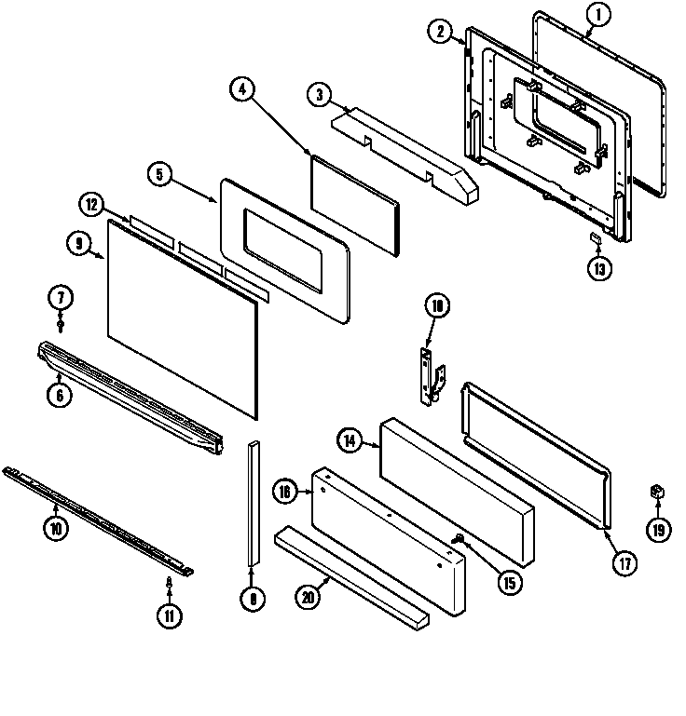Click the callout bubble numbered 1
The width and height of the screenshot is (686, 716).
pos(599,15)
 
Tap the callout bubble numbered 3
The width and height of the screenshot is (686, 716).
pos(320,94)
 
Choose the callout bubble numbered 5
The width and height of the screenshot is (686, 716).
pos(159,174)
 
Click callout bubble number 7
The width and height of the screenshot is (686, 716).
pos(61,298)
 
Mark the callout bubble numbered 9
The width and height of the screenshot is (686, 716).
pos(78,244)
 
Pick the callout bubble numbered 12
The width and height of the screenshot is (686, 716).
pos(90,205)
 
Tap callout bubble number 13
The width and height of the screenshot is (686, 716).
pos(599,270)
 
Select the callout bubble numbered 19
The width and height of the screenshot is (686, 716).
pos(658,530)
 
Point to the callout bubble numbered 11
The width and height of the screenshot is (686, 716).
pos(169,615)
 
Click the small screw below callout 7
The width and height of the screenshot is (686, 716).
pos(61,323)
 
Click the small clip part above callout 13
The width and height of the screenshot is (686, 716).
pos(592,240)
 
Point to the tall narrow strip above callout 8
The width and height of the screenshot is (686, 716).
pos(252,503)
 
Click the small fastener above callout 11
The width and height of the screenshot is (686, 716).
pos(169,583)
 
